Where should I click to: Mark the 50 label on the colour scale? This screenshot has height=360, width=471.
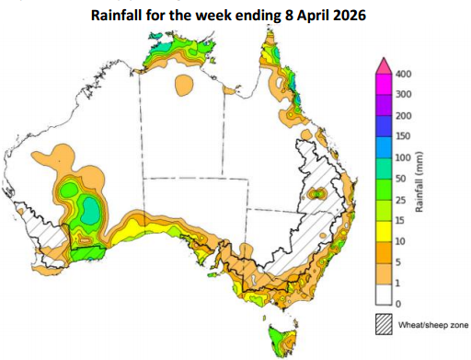(403, 178)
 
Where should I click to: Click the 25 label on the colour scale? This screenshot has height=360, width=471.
(403, 199)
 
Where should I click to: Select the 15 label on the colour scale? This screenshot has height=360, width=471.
(403, 220)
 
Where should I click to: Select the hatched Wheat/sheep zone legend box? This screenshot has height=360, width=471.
(384, 324)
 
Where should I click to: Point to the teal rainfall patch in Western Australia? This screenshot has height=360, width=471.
(91, 211)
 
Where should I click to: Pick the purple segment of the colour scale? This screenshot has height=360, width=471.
(384, 115)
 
